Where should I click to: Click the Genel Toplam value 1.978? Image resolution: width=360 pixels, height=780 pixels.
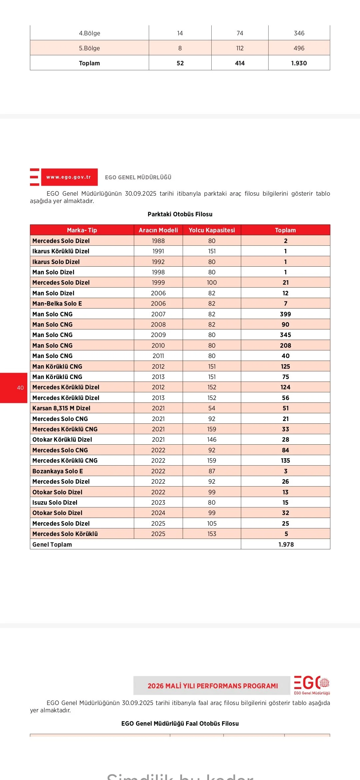(x=286, y=544)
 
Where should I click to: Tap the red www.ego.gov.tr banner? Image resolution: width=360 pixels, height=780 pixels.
(x=69, y=177)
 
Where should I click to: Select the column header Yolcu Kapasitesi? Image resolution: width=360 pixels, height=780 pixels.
(x=212, y=230)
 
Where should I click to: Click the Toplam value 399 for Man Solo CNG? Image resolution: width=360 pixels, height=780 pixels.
(x=285, y=314)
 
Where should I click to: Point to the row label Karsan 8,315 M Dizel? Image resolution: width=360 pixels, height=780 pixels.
(x=61, y=408)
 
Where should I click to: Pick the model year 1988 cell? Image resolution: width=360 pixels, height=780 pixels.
(x=158, y=241)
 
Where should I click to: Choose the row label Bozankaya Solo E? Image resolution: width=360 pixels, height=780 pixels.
(x=58, y=471)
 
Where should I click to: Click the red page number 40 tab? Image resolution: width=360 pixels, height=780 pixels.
(x=14, y=388)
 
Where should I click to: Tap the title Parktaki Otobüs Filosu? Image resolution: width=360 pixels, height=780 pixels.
(x=180, y=214)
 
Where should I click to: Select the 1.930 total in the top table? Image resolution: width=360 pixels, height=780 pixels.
(x=299, y=63)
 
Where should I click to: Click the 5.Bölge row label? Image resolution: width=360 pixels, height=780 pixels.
(x=89, y=48)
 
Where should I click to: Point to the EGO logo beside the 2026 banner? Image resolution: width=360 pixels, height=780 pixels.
(x=311, y=685)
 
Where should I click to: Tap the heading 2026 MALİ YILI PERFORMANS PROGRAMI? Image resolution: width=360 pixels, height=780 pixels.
(x=213, y=686)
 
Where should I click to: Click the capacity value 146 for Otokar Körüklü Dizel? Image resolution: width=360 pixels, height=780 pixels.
(x=212, y=440)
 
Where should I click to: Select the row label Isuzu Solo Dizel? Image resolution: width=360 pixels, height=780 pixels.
(x=55, y=502)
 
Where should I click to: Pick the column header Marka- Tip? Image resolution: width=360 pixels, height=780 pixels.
(x=82, y=230)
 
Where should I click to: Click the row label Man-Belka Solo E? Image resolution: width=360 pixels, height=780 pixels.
(x=57, y=303)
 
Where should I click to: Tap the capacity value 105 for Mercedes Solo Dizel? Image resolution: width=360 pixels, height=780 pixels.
(x=212, y=523)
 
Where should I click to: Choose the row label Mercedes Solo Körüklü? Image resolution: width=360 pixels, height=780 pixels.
(x=65, y=534)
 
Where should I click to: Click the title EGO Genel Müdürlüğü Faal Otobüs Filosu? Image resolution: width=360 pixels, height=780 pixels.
(x=180, y=723)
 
